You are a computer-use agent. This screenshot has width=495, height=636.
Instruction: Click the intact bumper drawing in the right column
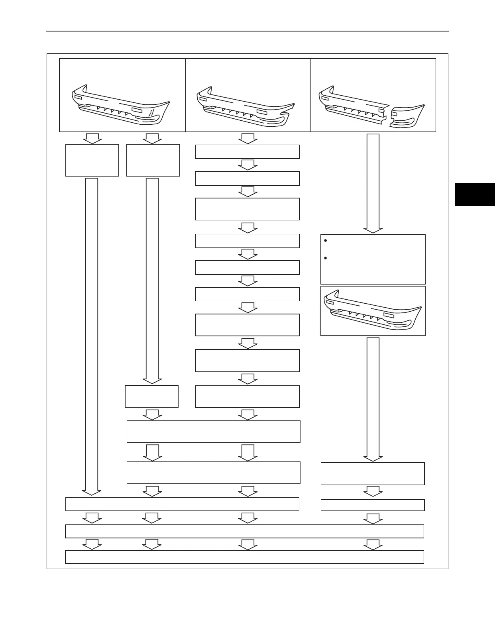point(373,311)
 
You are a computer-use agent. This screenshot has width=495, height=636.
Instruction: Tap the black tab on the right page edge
point(475,194)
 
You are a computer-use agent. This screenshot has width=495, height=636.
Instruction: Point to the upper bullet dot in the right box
point(326,241)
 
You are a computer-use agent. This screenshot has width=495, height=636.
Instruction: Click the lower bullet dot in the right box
point(326,258)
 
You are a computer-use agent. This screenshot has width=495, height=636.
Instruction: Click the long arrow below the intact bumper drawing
point(373,398)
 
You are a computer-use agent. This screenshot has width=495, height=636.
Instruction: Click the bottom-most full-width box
point(244,557)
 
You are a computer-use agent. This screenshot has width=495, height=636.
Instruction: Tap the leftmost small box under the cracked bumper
point(92,160)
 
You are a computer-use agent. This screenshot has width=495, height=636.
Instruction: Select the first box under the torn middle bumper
point(247,152)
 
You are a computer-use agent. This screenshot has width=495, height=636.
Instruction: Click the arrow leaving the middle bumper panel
point(247,138)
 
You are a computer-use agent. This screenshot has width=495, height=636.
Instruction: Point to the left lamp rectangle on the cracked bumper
point(78,97)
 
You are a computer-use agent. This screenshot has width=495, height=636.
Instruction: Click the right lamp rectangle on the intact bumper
point(389,315)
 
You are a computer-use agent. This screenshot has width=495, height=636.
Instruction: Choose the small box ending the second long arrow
point(152,396)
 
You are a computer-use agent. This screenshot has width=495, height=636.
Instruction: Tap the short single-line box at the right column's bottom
point(373,505)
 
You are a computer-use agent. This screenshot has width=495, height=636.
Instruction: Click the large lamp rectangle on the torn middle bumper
point(262,112)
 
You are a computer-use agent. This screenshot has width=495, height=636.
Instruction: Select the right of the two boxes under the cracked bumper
point(153,160)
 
